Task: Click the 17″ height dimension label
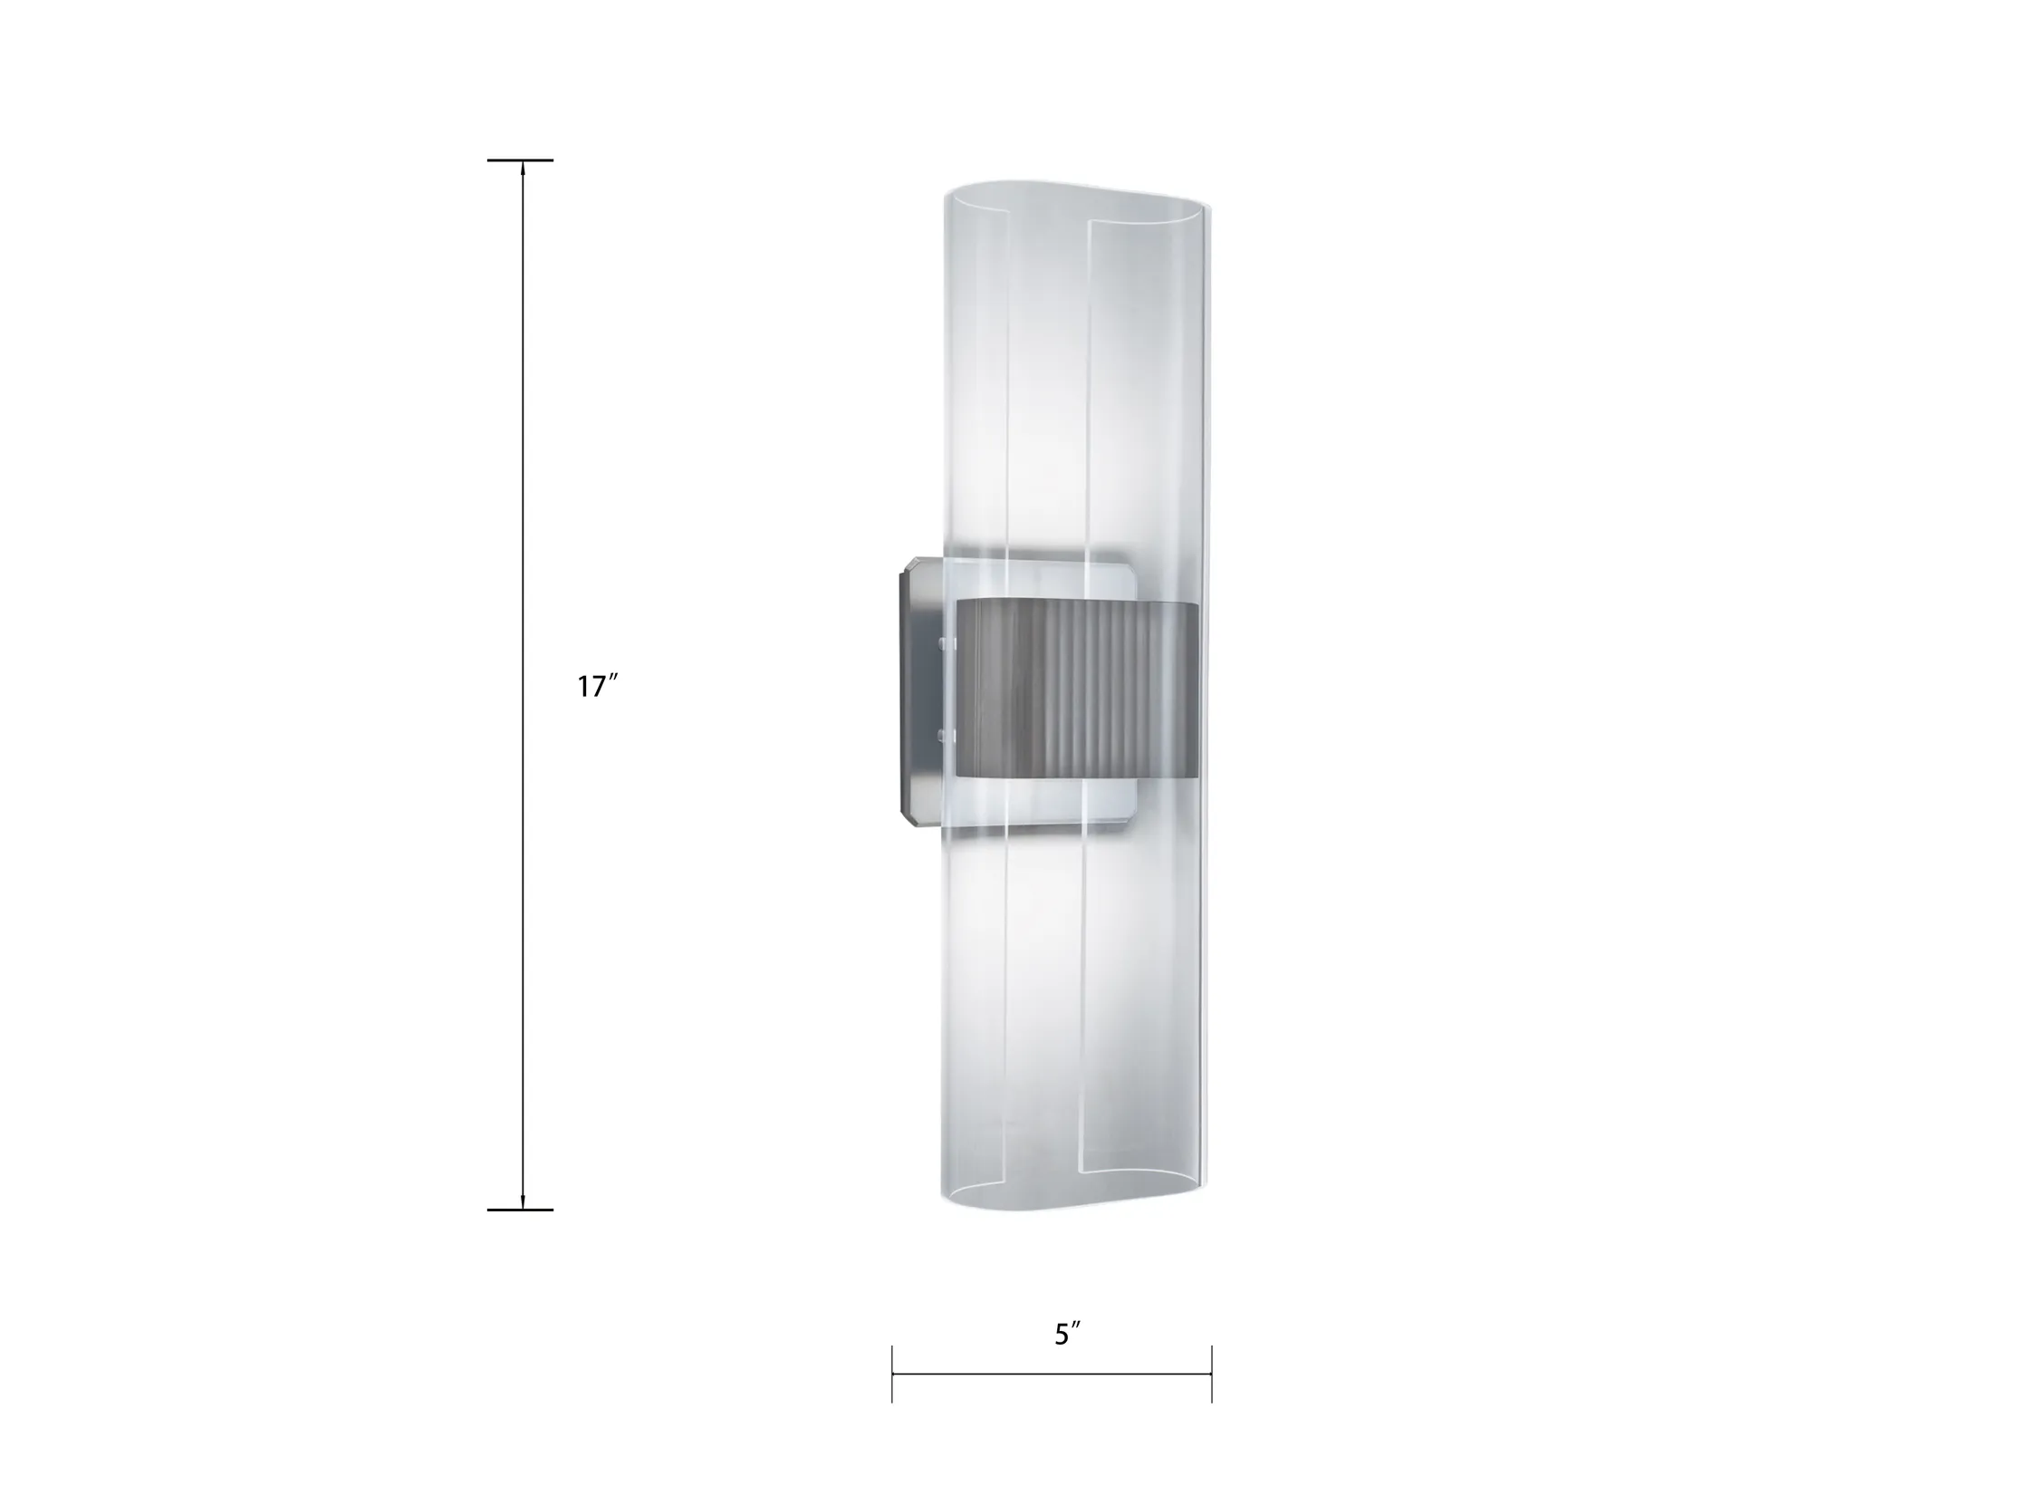pos(597,687)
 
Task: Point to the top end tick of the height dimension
pos(520,160)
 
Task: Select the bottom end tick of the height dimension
pos(520,1210)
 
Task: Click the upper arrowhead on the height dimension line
pos(523,169)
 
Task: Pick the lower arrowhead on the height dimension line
pos(523,1201)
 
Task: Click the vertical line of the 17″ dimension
pos(523,685)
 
